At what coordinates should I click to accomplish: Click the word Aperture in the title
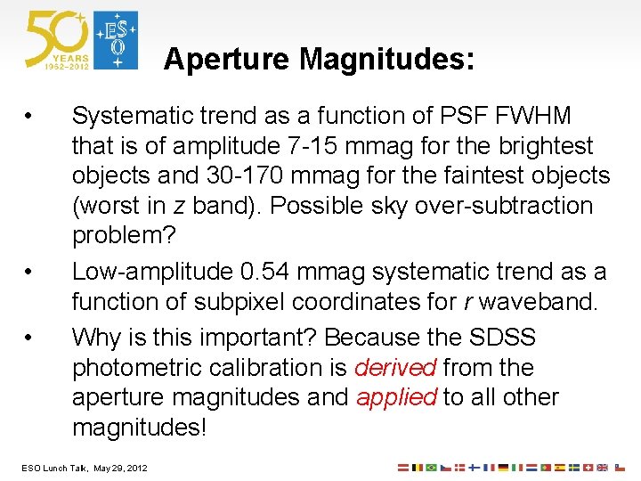tap(227, 59)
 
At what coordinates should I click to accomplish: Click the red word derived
tap(395, 368)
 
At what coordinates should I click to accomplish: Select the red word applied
tap(396, 397)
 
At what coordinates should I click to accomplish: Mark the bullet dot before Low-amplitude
tap(30, 272)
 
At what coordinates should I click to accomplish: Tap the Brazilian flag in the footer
tap(432, 467)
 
